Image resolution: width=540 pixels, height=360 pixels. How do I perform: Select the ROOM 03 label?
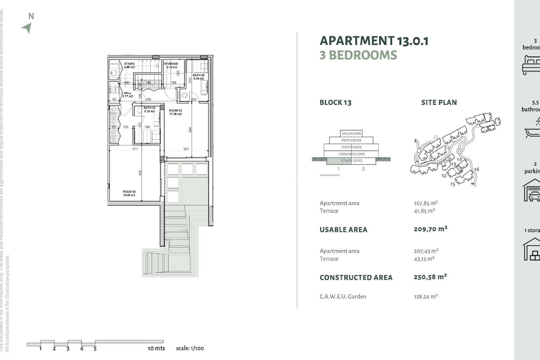click(x=175, y=112)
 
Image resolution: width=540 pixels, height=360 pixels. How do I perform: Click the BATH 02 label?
click(x=149, y=109)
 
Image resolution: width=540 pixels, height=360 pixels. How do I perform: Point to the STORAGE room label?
click(x=171, y=65)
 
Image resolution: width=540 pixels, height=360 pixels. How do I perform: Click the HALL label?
click(x=127, y=94)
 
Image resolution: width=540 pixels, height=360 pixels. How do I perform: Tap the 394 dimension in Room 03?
click(x=190, y=130)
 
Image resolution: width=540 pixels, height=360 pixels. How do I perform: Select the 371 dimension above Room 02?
click(x=135, y=149)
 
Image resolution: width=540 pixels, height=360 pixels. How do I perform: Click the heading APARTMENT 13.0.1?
click(x=374, y=41)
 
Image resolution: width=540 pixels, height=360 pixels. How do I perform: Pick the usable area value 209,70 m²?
click(x=430, y=229)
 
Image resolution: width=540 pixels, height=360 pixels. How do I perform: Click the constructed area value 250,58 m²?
click(x=430, y=277)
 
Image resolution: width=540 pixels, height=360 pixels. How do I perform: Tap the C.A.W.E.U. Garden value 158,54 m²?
click(x=426, y=296)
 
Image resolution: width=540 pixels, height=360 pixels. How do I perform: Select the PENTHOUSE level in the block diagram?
click(x=351, y=140)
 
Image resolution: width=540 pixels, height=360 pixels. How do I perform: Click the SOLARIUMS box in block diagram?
click(x=351, y=134)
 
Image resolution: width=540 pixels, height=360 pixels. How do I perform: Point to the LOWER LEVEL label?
click(x=352, y=161)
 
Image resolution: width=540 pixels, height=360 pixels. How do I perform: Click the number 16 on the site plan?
click(x=476, y=169)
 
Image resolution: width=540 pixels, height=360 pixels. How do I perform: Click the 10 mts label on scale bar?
click(x=156, y=348)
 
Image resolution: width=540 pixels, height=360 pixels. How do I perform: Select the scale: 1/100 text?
click(x=190, y=348)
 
